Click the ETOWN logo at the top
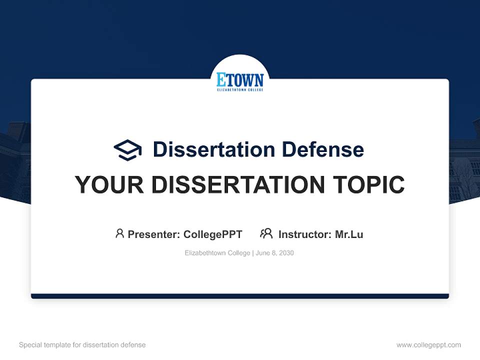240,80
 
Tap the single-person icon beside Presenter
119,233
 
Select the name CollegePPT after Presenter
212,234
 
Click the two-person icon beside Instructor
266,233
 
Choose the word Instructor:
304,234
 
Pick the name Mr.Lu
349,234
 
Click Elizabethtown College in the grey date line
217,253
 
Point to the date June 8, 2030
274,253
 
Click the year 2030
286,253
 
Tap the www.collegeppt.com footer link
428,345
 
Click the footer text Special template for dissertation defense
82,345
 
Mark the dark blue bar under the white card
240,296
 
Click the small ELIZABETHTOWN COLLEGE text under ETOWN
240,90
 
